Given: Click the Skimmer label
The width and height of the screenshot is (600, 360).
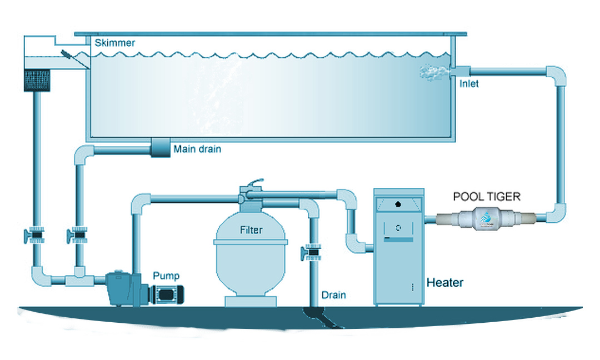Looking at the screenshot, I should [x=114, y=43].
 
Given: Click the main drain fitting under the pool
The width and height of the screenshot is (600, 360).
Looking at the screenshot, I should [x=160, y=148].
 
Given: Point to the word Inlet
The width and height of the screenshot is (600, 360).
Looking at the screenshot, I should [x=469, y=84].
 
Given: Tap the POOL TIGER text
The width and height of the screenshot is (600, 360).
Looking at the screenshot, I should [x=487, y=197].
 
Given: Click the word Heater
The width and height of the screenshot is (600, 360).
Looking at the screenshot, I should [x=444, y=283].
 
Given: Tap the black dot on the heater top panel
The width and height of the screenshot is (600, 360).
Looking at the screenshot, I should [x=398, y=204].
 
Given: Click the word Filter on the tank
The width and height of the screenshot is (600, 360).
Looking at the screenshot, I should [x=251, y=229].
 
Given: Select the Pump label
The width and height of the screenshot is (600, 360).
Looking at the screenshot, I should [x=166, y=276].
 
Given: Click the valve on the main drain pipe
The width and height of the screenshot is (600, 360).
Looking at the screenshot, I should [x=78, y=237].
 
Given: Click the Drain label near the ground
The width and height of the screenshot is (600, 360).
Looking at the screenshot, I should [x=333, y=295].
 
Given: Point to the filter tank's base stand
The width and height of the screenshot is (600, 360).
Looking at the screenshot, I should [x=250, y=301].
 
